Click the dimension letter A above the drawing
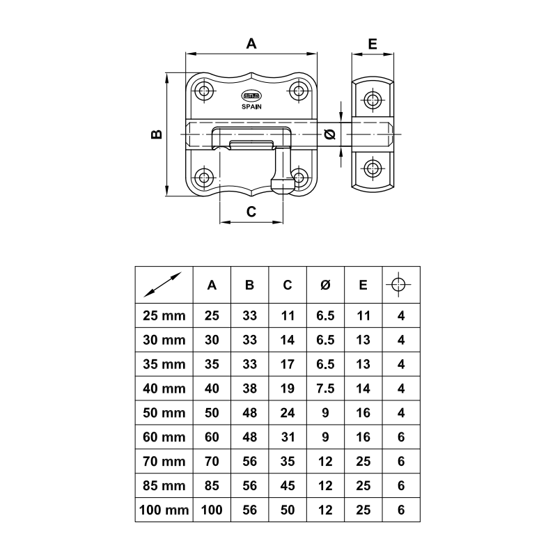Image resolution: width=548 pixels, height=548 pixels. (252, 43)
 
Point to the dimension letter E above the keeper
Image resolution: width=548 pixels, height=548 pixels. (373, 43)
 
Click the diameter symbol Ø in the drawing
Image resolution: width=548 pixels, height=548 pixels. (331, 134)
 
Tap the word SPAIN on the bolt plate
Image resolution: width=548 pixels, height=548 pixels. (251, 107)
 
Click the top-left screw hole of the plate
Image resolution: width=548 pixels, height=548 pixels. (204, 90)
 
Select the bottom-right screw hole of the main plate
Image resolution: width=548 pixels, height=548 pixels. (300, 177)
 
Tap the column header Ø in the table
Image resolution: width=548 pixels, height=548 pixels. (325, 285)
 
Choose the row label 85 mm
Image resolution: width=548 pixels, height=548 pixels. (164, 485)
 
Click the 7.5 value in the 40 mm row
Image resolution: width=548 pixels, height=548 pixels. (325, 389)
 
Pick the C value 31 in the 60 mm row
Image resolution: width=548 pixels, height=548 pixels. (288, 437)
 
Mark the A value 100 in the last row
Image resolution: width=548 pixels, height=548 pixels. (212, 510)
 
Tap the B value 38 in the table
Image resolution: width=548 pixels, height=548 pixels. (249, 389)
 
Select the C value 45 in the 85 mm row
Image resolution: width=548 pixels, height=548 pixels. (288, 485)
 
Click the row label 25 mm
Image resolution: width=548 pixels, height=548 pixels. (164, 315)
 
